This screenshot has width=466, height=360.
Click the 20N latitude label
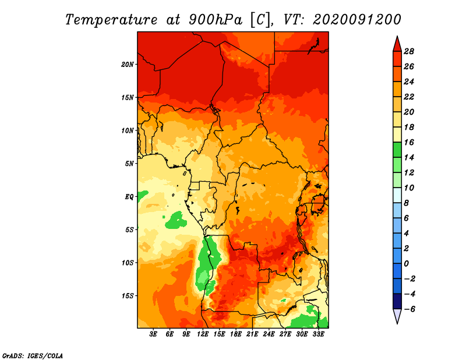click(128, 65)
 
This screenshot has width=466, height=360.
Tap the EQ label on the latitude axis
click(129, 197)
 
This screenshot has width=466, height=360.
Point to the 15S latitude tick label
click(128, 296)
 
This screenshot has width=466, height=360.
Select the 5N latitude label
click(129, 164)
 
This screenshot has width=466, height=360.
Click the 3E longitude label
click(153, 334)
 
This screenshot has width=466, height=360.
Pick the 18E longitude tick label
click(236, 334)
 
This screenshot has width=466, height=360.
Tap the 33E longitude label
click(318, 334)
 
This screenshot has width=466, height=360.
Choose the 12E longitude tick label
click(203, 334)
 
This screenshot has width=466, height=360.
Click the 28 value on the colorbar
click(409, 52)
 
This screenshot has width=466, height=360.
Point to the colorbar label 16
click(409, 143)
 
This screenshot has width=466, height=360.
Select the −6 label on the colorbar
click(409, 309)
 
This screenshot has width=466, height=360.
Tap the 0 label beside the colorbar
click(406, 264)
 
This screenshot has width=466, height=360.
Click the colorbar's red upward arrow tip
click(397, 36)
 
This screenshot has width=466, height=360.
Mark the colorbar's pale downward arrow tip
click(397, 324)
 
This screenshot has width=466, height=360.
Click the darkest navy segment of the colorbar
click(397, 301)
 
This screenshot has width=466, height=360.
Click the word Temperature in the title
click(111, 20)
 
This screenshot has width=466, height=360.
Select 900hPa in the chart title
click(216, 20)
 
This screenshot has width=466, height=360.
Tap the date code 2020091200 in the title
click(357, 20)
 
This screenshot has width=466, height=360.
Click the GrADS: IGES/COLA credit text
click(33, 356)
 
